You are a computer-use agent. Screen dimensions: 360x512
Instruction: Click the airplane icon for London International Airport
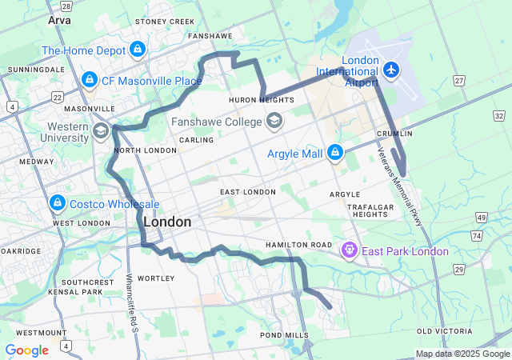(x=391, y=70)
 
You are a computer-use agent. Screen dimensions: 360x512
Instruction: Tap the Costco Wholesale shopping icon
(x=58, y=202)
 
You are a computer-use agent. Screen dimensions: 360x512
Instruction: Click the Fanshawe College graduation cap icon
(x=274, y=121)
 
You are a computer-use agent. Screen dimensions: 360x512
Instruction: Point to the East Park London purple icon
(x=350, y=250)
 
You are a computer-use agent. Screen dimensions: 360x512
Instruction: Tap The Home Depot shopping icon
(x=138, y=50)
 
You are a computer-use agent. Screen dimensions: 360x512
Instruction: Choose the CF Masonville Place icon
(x=89, y=81)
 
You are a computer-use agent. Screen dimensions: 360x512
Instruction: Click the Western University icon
(x=101, y=131)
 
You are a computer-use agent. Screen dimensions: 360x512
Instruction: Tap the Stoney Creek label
(x=165, y=22)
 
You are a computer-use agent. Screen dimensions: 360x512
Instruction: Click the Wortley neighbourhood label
(x=156, y=278)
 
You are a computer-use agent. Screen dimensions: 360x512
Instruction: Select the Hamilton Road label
(x=300, y=244)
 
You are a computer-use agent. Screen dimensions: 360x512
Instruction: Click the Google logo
(x=26, y=350)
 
